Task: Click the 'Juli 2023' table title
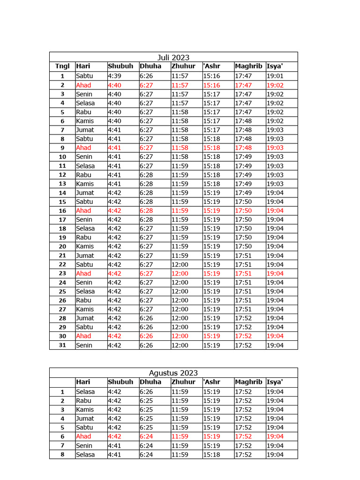[173, 57]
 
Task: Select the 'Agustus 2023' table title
[173, 373]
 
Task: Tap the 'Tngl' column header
[62, 66]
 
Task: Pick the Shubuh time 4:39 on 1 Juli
[114, 76]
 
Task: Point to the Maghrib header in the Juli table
[248, 66]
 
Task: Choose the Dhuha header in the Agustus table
[150, 382]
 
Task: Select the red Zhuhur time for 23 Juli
[180, 273]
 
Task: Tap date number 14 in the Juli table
[62, 193]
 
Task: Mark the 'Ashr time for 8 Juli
[211, 139]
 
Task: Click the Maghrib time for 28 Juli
[243, 318]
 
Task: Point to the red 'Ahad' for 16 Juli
[83, 210]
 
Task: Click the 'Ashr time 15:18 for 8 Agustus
[211, 455]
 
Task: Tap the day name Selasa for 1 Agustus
[85, 391]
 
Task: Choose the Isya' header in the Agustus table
[275, 382]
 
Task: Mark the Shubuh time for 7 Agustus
[114, 445]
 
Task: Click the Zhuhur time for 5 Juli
[180, 112]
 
